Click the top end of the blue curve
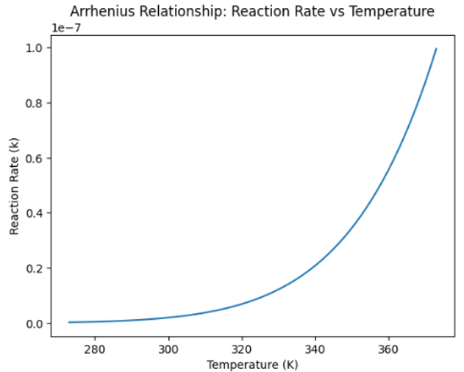click(x=436, y=49)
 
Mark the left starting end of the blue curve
click(x=69, y=322)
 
